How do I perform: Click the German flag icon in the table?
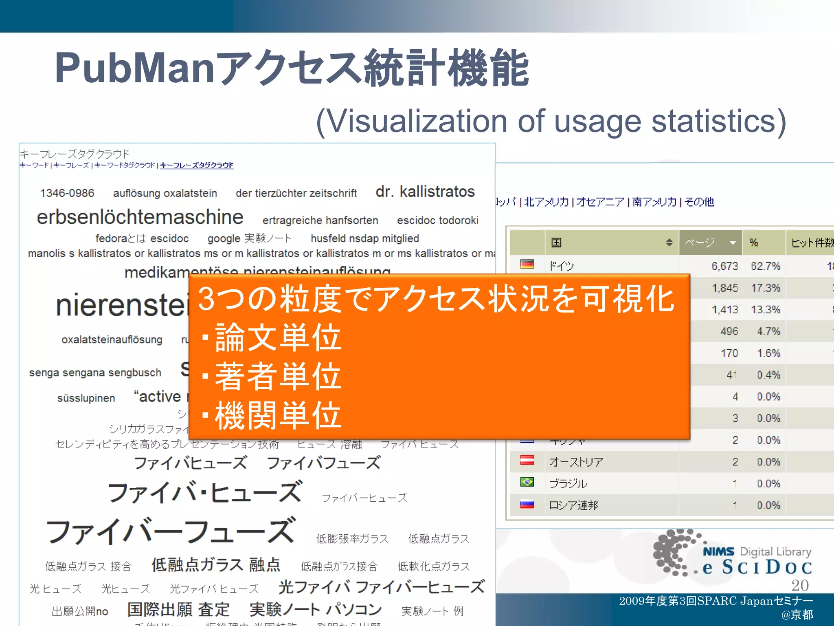527,265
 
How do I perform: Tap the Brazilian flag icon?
527,482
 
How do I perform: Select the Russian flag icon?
527,504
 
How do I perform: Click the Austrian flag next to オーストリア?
527,461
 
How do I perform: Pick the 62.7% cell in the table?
765,266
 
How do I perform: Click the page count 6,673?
724,266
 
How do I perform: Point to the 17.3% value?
765,288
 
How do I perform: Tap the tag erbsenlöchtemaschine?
140,217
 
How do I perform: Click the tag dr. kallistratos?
425,192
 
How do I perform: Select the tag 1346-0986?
67,193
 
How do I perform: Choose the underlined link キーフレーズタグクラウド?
197,165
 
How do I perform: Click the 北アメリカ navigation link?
546,202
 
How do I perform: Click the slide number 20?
800,585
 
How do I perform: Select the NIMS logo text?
718,551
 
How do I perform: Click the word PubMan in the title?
134,68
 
